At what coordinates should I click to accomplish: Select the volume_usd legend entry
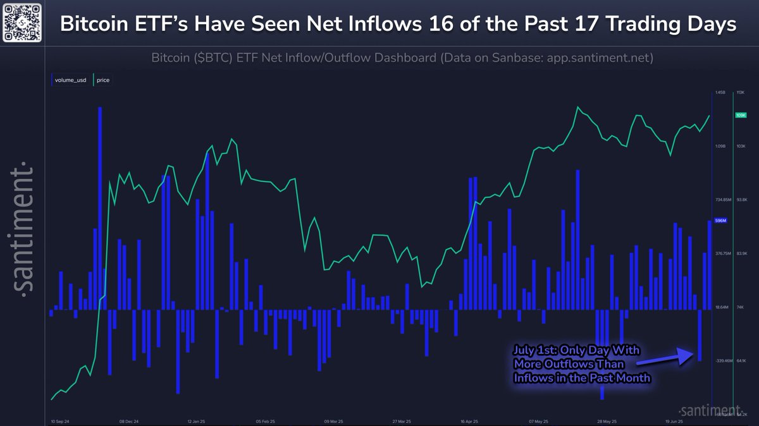[70, 80]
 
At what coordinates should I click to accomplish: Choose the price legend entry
[101, 80]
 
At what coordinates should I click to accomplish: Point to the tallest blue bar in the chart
[100, 209]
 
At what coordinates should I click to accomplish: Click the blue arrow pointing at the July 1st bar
[663, 358]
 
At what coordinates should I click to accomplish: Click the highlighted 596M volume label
[720, 221]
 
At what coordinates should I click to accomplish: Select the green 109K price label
[741, 116]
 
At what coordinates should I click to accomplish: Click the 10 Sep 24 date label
[60, 420]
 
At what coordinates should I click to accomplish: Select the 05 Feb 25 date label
[267, 420]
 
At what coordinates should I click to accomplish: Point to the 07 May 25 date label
[538, 420]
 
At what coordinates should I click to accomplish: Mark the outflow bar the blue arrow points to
[700, 335]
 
